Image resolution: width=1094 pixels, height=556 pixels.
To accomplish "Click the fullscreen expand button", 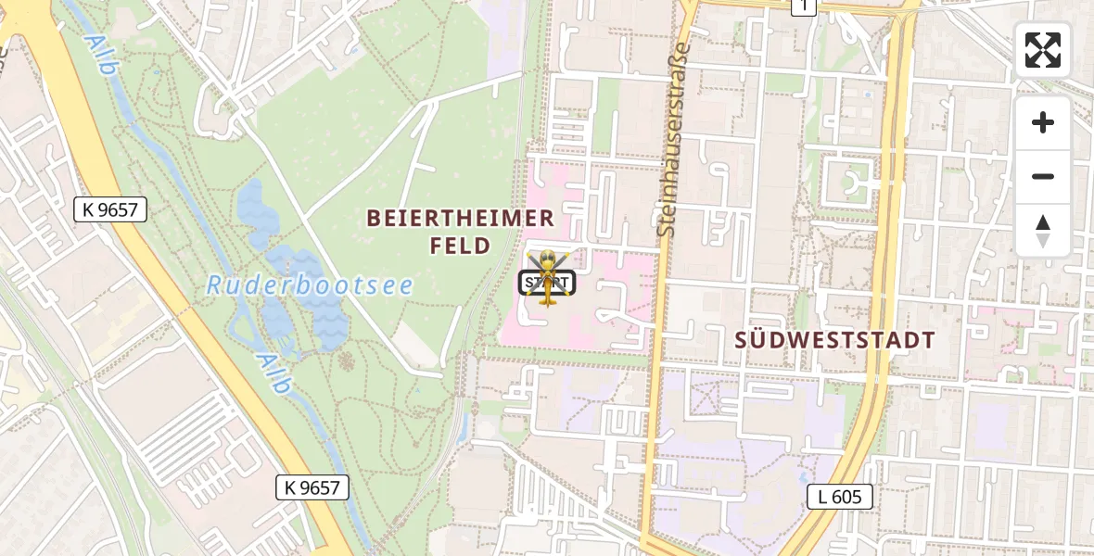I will pyautogui.click(x=1043, y=50).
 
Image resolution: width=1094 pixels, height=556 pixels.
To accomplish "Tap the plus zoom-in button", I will pyautogui.click(x=1043, y=122).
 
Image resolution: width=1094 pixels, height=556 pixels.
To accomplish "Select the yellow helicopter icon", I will pyautogui.click(x=547, y=276).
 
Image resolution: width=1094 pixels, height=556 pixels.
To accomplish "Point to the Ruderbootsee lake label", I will pyautogui.click(x=310, y=285).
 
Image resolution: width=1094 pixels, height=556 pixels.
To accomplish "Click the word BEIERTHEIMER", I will pyautogui.click(x=460, y=219).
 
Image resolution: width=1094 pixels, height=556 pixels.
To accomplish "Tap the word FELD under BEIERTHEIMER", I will pyautogui.click(x=460, y=246).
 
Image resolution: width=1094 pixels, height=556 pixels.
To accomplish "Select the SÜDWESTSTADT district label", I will pyautogui.click(x=834, y=339).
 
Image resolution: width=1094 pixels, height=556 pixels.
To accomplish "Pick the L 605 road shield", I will pyautogui.click(x=839, y=497).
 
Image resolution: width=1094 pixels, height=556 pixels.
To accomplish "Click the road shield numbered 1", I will pyautogui.click(x=804, y=6).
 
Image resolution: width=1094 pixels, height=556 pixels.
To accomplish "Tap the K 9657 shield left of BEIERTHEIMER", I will pyautogui.click(x=109, y=209).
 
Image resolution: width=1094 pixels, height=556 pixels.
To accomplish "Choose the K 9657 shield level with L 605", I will pyautogui.click(x=312, y=487).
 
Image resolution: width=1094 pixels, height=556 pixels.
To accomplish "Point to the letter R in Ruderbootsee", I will pyautogui.click(x=214, y=285).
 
